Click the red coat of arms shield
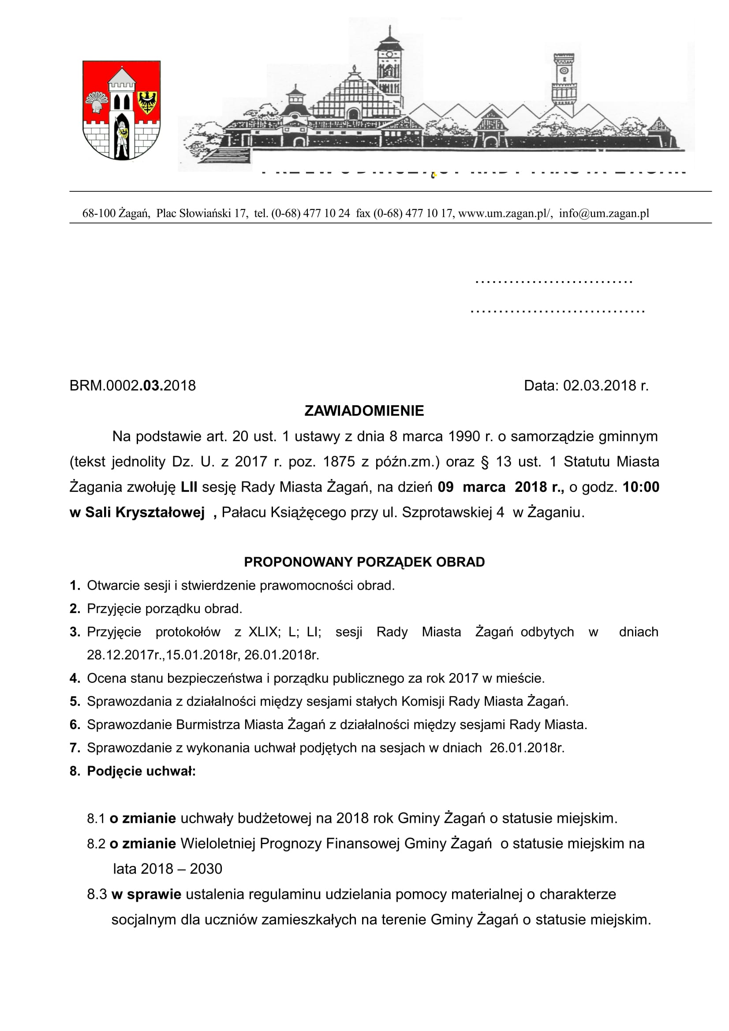click(121, 110)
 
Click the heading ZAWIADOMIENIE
click(364, 410)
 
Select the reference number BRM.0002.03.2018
click(132, 385)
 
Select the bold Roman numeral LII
click(189, 487)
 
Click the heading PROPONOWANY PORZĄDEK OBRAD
click(364, 562)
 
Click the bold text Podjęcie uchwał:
click(141, 771)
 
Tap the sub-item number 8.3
click(97, 894)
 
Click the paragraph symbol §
click(484, 462)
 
